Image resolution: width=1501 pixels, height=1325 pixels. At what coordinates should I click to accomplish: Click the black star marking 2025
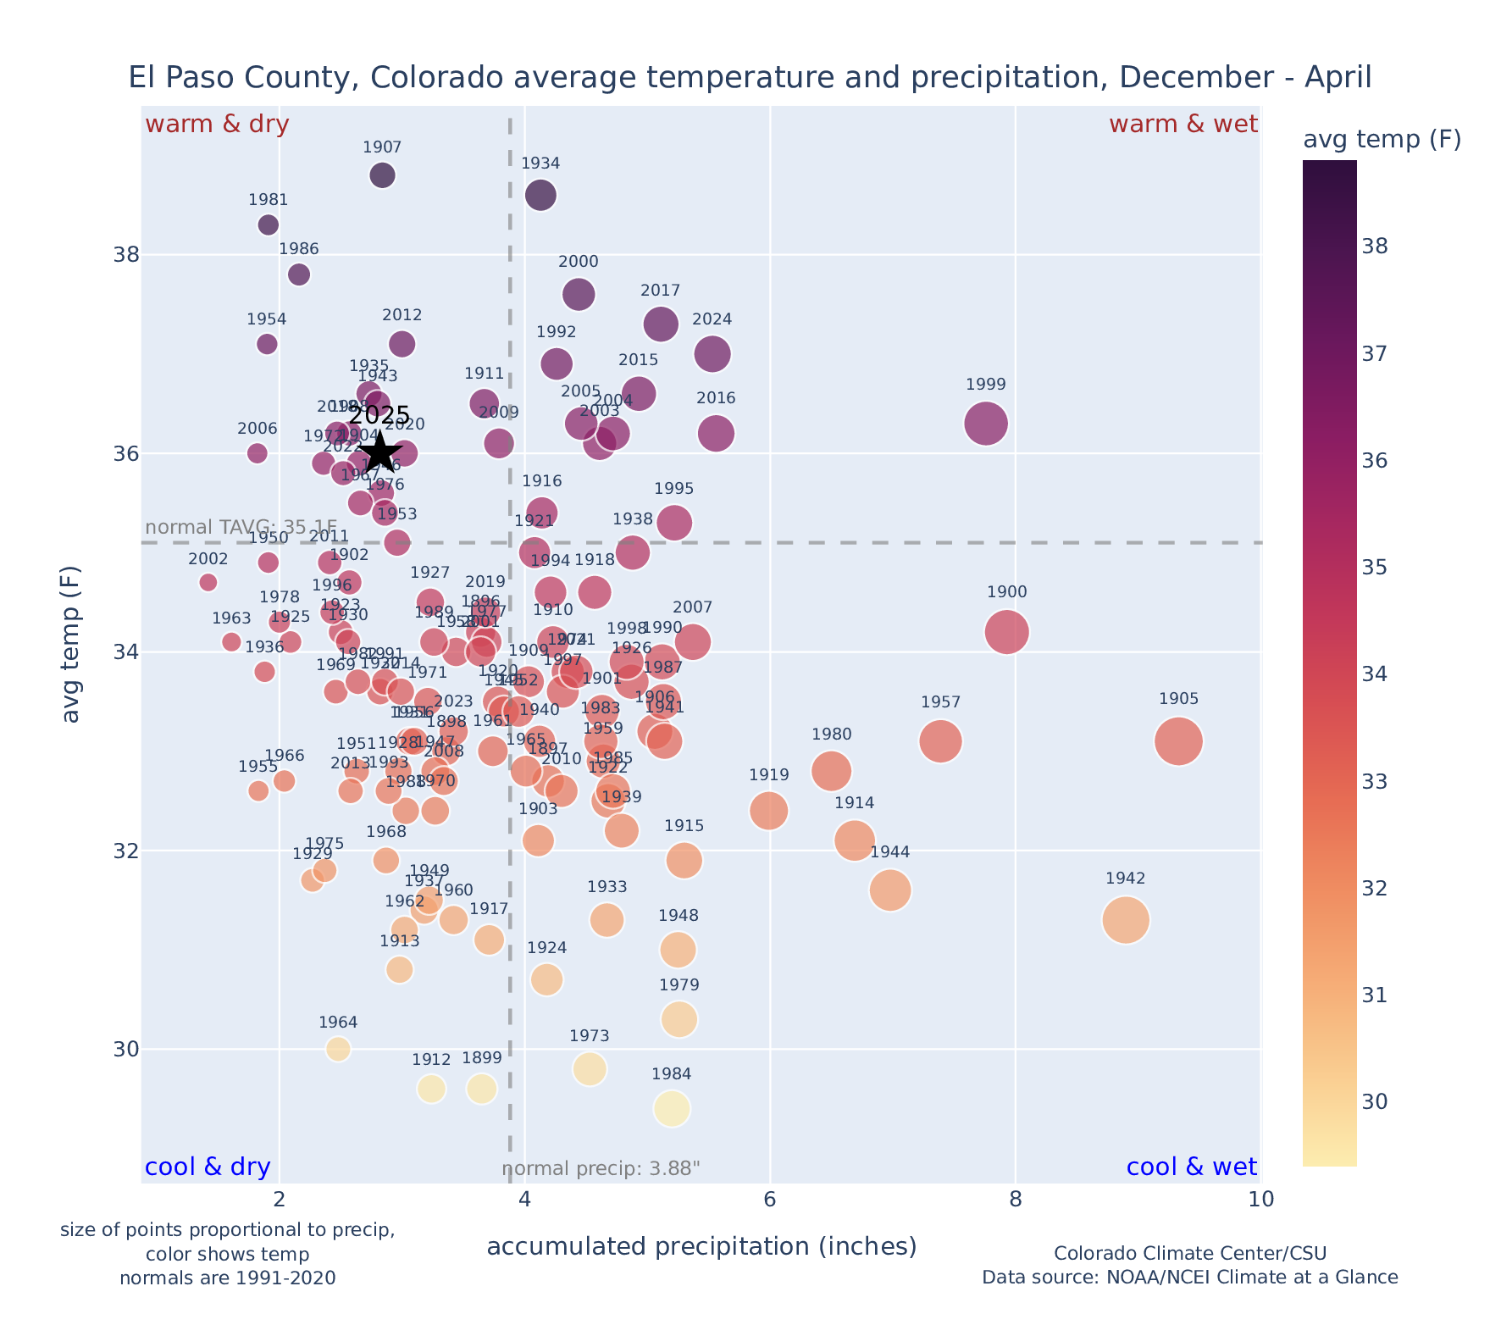tap(380, 452)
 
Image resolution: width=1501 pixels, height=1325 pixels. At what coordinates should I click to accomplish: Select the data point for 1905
tap(1178, 741)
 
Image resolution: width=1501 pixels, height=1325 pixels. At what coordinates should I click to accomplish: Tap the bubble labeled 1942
tap(1126, 920)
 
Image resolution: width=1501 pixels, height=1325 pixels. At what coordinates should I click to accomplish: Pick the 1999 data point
tap(986, 423)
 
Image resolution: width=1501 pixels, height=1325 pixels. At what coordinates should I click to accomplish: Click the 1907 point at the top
tap(382, 175)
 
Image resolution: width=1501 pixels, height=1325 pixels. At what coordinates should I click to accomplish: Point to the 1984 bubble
tap(672, 1109)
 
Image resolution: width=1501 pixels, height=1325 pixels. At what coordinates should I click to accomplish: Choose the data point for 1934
tap(540, 196)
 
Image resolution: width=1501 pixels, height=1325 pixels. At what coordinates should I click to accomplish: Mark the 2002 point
tap(208, 582)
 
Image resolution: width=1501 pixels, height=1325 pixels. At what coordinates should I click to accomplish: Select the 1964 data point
tap(338, 1049)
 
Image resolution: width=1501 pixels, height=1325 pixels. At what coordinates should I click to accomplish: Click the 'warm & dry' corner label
tap(217, 125)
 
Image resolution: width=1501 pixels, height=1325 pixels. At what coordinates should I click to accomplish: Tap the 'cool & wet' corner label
tap(1191, 1167)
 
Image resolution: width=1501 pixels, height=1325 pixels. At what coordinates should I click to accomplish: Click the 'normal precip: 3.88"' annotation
tap(601, 1170)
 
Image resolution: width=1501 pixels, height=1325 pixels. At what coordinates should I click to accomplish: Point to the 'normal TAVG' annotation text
tap(241, 527)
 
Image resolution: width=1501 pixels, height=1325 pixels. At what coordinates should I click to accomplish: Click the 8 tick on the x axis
tap(1015, 1200)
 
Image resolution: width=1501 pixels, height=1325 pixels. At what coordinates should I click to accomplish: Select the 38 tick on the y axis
tap(125, 255)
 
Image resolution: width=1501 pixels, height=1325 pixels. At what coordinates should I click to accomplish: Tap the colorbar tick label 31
tap(1375, 995)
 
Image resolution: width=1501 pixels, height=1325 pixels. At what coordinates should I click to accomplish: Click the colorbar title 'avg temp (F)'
tap(1382, 140)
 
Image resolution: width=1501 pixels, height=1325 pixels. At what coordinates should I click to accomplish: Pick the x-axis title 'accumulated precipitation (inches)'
tap(701, 1246)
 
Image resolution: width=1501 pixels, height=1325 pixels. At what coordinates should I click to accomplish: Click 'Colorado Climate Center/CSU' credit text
tap(1189, 1253)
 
